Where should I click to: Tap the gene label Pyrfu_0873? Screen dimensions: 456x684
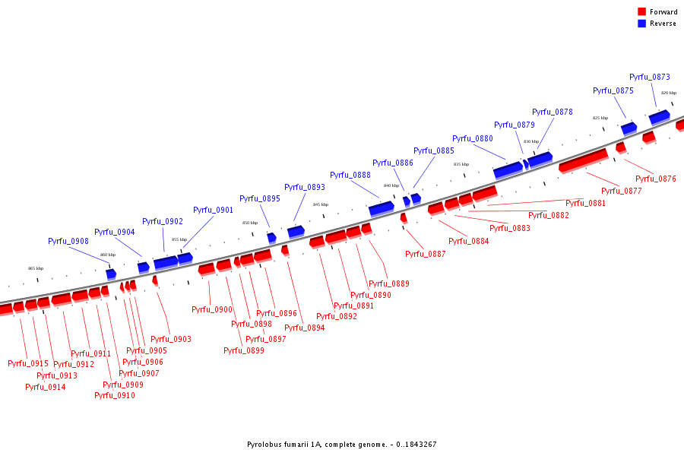pyautogui.click(x=650, y=77)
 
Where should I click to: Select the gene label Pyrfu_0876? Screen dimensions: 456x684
pyautogui.click(x=656, y=179)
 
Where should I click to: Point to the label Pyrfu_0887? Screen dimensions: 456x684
pyautogui.click(x=426, y=254)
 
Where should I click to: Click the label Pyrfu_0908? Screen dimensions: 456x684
pyautogui.click(x=68, y=241)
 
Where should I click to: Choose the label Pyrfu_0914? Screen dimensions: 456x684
pyautogui.click(x=46, y=387)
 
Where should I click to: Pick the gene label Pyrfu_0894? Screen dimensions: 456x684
pyautogui.click(x=305, y=328)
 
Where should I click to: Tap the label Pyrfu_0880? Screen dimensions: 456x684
pyautogui.click(x=473, y=138)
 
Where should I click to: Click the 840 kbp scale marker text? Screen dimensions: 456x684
pyautogui.click(x=391, y=185)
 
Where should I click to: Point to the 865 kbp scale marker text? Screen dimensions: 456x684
pyautogui.click(x=36, y=268)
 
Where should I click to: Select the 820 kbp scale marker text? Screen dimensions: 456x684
pyautogui.click(x=668, y=93)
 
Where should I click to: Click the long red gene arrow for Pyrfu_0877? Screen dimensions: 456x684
pyautogui.click(x=583, y=160)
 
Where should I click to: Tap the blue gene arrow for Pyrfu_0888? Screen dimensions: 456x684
pyautogui.click(x=382, y=207)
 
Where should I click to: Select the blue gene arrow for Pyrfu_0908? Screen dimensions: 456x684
pyautogui.click(x=111, y=274)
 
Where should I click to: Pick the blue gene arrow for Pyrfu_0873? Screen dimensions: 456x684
pyautogui.click(x=659, y=116)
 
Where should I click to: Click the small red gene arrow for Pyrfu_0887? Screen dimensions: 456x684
pyautogui.click(x=404, y=218)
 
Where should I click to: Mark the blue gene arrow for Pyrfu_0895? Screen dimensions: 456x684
pyautogui.click(x=271, y=238)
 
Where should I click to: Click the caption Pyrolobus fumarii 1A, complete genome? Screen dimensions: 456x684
pyautogui.click(x=341, y=445)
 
